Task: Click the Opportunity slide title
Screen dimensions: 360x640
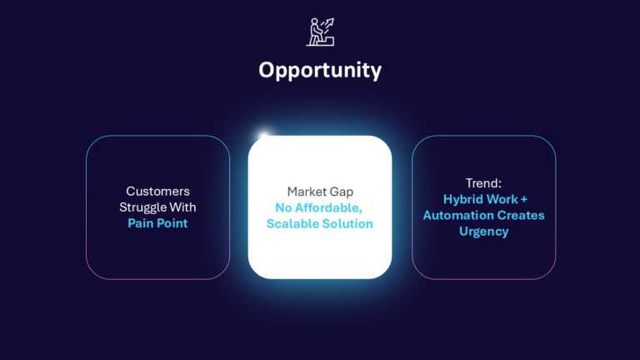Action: (320, 70)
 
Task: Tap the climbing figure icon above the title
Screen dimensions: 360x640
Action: (321, 32)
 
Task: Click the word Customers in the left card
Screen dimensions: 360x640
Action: (157, 192)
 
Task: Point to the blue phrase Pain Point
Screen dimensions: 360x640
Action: (157, 223)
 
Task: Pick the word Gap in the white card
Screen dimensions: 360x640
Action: (342, 192)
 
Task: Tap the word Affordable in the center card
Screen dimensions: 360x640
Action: (333, 207)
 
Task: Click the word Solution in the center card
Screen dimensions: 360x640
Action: (348, 224)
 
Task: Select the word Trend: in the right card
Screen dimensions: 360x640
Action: (483, 183)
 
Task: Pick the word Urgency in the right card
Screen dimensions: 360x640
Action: (483, 231)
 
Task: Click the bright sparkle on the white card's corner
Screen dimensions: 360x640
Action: (264, 137)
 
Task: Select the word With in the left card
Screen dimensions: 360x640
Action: (186, 207)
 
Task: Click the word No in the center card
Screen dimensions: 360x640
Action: (283, 207)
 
